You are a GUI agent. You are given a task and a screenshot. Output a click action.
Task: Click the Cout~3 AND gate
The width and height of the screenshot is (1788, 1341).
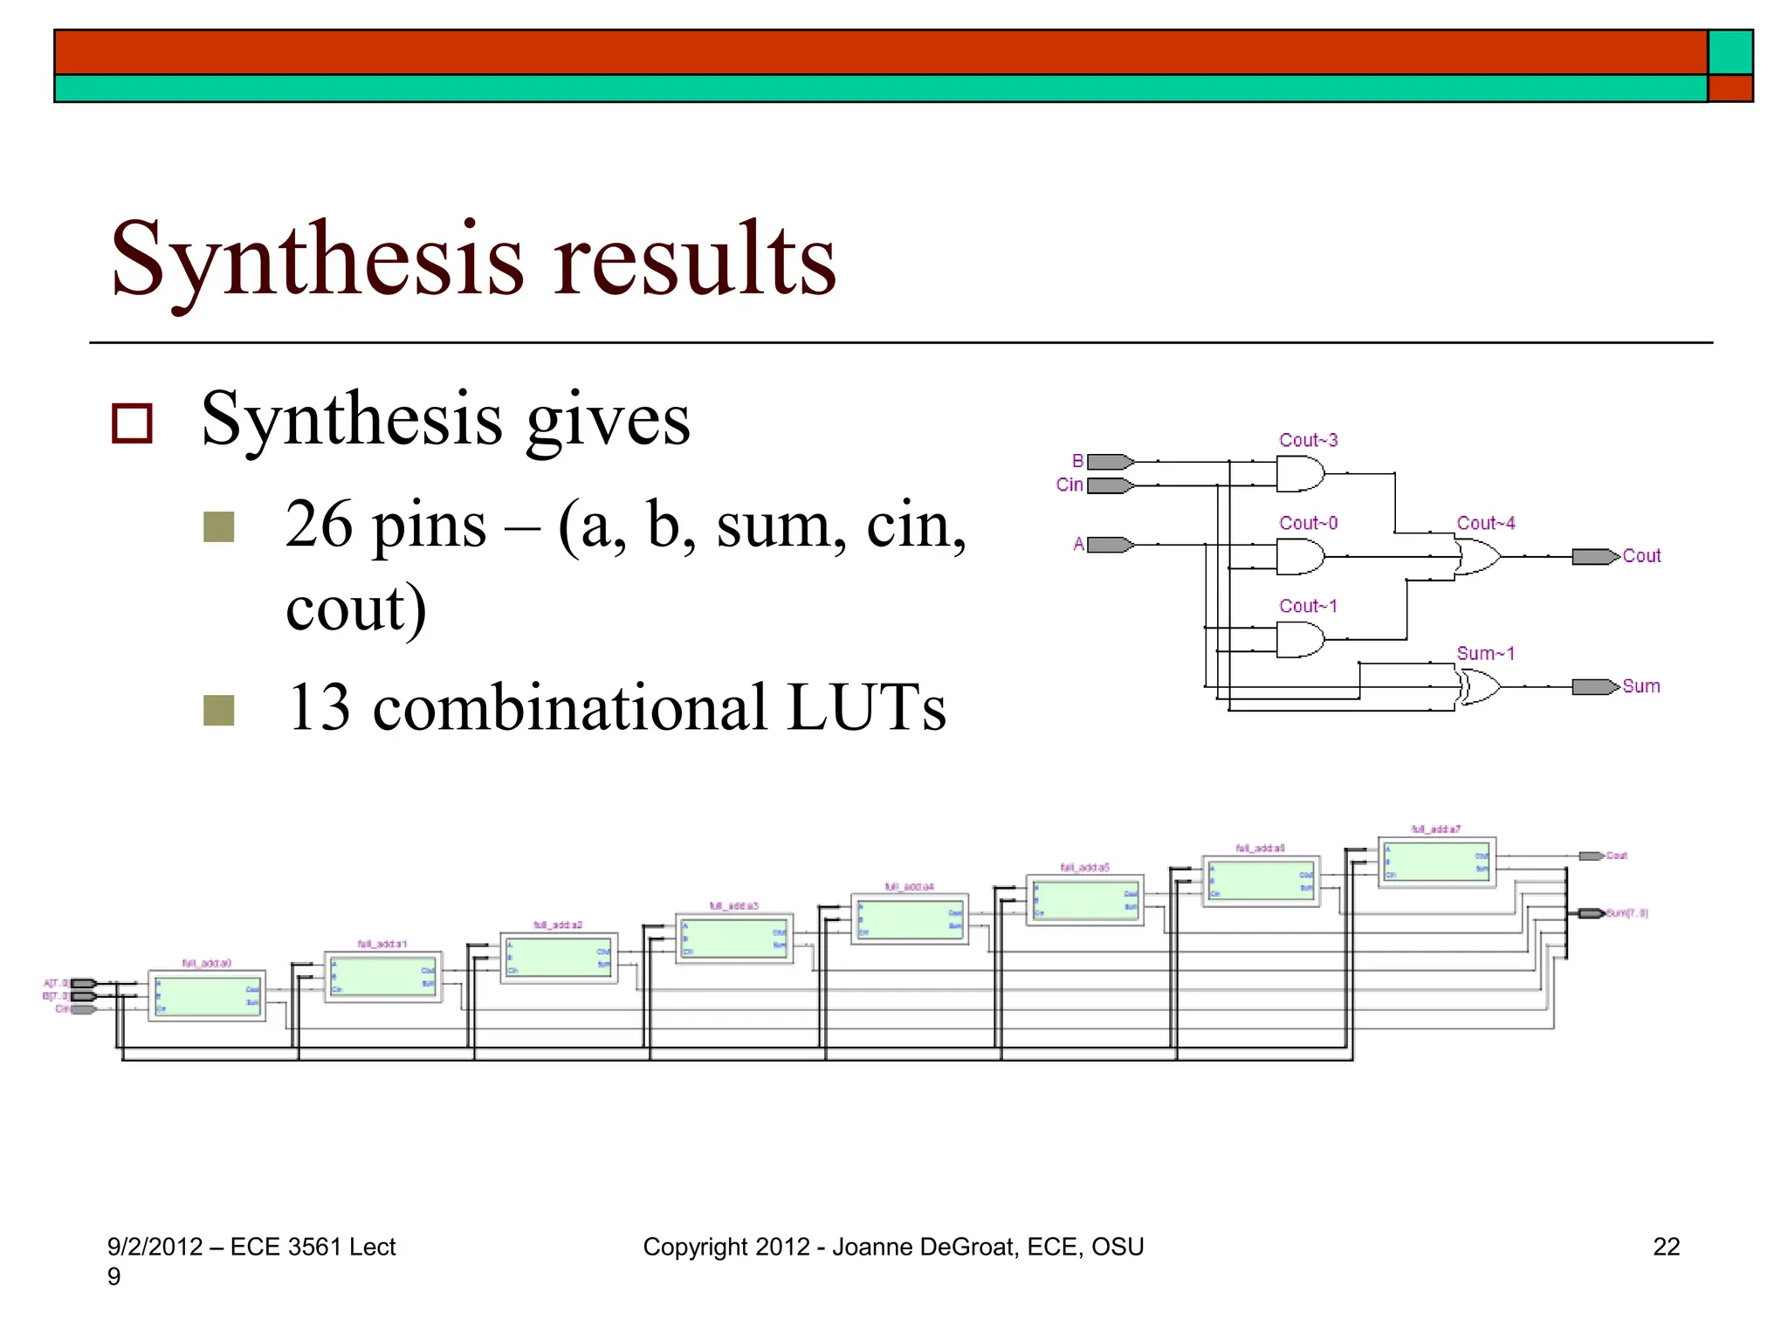pos(1299,474)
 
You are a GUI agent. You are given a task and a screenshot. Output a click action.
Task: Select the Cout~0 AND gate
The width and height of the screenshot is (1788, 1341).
pos(1299,556)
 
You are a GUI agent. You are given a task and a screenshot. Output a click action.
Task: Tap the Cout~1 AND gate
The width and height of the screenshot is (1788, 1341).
pos(1299,639)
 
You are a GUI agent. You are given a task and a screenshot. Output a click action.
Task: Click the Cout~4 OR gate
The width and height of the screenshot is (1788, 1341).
pos(1477,556)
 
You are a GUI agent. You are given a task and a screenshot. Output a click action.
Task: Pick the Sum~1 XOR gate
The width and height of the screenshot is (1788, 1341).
pos(1479,686)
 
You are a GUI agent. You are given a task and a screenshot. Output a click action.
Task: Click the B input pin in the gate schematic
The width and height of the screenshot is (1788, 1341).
pos(1110,462)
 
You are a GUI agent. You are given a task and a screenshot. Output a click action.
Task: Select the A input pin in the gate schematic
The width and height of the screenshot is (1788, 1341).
pos(1110,545)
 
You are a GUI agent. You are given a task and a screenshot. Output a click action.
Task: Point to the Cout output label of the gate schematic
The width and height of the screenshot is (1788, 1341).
pos(1641,556)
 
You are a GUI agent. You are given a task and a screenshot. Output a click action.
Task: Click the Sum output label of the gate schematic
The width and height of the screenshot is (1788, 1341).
pos(1641,686)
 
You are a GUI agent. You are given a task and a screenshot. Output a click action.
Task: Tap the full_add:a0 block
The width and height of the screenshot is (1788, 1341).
pos(207,995)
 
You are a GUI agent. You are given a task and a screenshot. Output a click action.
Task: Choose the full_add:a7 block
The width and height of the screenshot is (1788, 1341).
pos(1436,862)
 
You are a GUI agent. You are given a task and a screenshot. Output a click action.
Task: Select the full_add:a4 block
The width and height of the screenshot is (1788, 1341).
pos(910,919)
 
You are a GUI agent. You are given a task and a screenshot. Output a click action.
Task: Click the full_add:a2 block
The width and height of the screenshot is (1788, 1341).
pos(559,958)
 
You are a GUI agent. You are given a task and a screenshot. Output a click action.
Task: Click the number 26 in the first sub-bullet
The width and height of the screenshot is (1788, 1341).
pos(319,526)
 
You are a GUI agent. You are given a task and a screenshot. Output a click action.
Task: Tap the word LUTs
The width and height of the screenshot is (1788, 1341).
pos(866,707)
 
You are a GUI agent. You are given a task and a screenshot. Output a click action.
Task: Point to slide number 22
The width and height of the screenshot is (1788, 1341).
pos(1666,1247)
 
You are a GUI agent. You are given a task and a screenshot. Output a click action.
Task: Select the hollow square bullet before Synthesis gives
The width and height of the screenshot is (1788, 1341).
pos(133,423)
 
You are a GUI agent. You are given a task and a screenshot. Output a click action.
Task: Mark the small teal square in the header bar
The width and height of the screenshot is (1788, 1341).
pos(1730,52)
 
